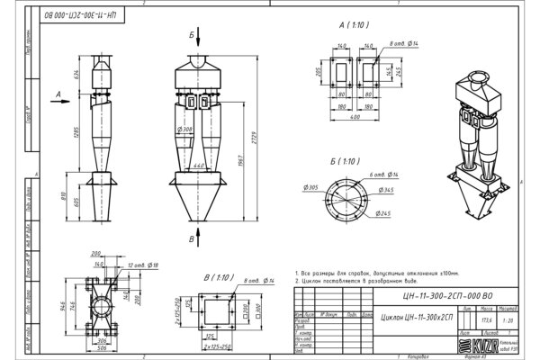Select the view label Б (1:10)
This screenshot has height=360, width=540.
click(x=346, y=161)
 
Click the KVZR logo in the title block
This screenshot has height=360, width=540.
click(x=478, y=345)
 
